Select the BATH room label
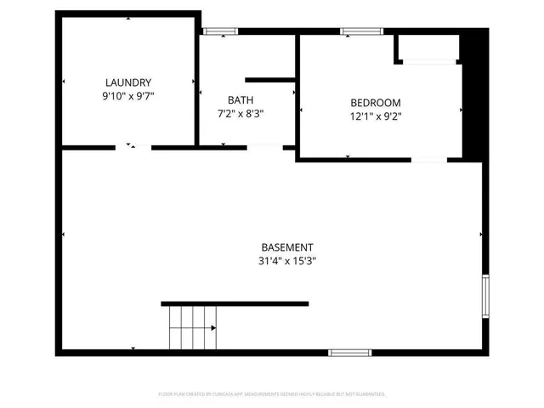(240, 99)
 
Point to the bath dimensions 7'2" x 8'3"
(240, 113)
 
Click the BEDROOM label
(376, 103)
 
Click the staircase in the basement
(192, 327)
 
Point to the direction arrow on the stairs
(212, 327)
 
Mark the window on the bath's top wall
(219, 32)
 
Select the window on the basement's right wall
(484, 295)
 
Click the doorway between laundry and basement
(133, 147)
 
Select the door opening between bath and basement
(264, 147)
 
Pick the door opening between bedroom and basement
(428, 158)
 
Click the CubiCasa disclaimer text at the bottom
(272, 394)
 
